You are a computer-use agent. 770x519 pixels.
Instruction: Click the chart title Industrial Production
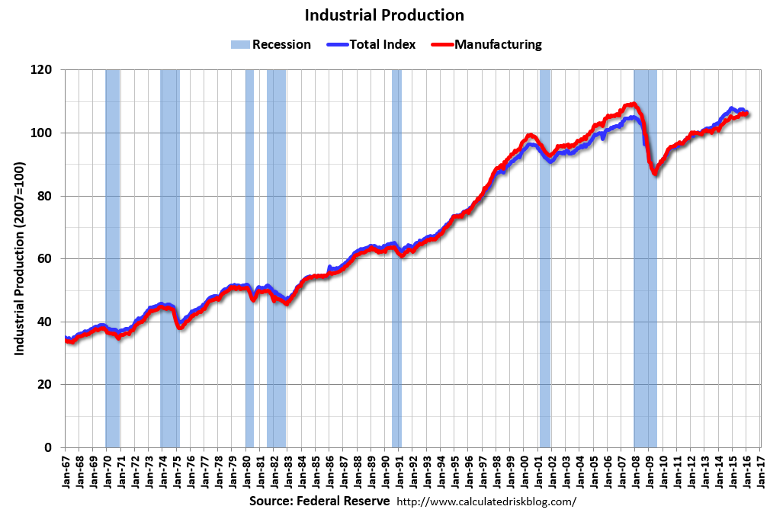[384, 15]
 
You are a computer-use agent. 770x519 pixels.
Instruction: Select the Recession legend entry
[271, 44]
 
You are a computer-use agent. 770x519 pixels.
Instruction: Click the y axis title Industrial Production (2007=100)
[20, 258]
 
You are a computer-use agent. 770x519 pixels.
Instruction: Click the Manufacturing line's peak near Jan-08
[632, 104]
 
